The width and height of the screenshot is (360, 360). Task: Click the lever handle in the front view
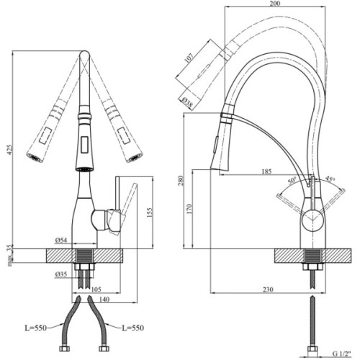(127, 202)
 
